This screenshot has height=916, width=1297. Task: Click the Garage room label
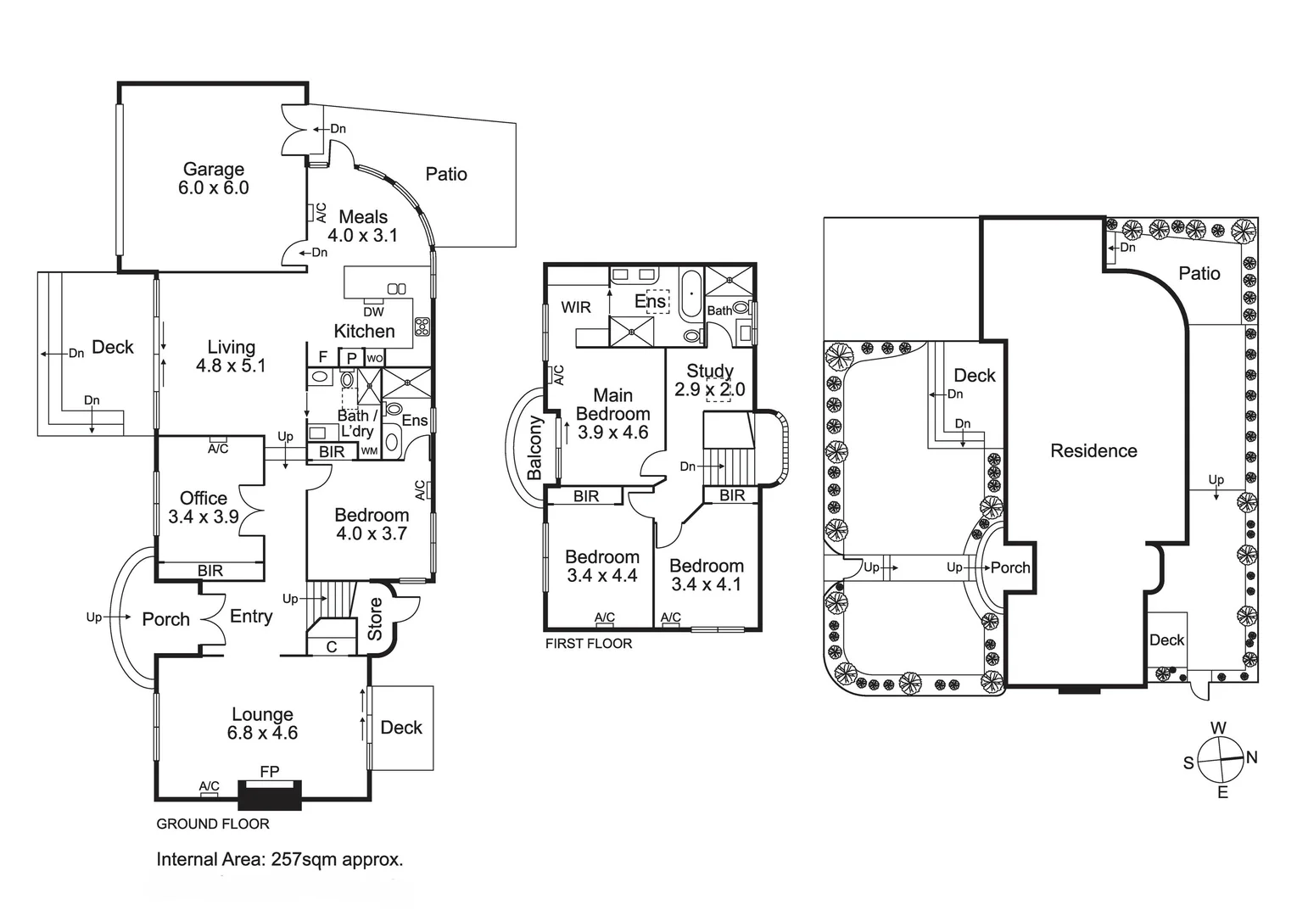[x=213, y=170]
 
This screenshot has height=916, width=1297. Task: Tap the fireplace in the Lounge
[x=270, y=795]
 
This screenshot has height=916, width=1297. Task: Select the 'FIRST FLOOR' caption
[x=588, y=644]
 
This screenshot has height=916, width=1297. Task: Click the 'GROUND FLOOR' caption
[x=213, y=824]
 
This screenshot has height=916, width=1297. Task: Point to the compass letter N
[x=1251, y=757]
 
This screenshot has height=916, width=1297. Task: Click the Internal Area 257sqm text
[x=279, y=859]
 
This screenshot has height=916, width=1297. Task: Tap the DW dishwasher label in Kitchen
[x=373, y=312]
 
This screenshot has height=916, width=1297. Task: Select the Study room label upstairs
[x=710, y=371]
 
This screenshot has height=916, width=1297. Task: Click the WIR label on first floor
[x=576, y=307]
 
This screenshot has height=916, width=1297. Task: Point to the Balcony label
[x=534, y=448]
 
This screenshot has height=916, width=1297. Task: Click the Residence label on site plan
[x=1093, y=451]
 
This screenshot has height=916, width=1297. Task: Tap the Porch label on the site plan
[x=1010, y=568]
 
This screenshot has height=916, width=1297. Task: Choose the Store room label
[x=375, y=619]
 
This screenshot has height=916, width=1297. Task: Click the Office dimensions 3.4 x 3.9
[x=204, y=517]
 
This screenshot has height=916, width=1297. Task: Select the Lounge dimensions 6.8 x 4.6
[x=262, y=734]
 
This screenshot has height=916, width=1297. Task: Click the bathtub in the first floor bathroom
[x=691, y=294]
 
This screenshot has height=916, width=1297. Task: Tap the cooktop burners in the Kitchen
[x=422, y=327]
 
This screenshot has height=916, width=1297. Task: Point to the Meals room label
[x=363, y=217]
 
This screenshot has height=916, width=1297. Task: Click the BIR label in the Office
[x=210, y=571]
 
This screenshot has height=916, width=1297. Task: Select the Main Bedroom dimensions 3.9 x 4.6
[x=612, y=433]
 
